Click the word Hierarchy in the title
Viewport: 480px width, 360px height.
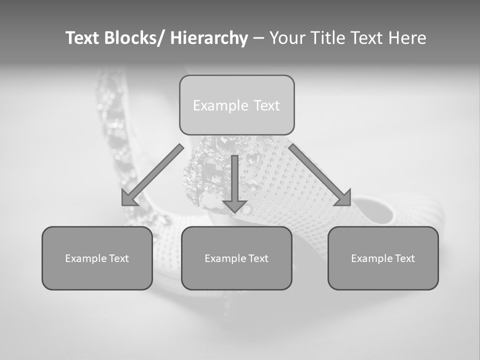[209, 38]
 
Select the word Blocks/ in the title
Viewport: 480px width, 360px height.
[134, 38]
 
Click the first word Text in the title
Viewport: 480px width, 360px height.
[83, 38]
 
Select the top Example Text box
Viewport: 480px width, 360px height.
[236, 105]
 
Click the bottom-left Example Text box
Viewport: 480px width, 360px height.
[97, 258]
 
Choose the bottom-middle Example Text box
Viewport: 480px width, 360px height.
[236, 258]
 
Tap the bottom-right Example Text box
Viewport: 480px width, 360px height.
[383, 258]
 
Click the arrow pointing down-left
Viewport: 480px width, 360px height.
[152, 175]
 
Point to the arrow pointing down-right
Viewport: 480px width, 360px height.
[319, 175]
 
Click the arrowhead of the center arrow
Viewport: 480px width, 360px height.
[234, 205]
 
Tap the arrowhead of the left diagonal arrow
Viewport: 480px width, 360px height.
[129, 198]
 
